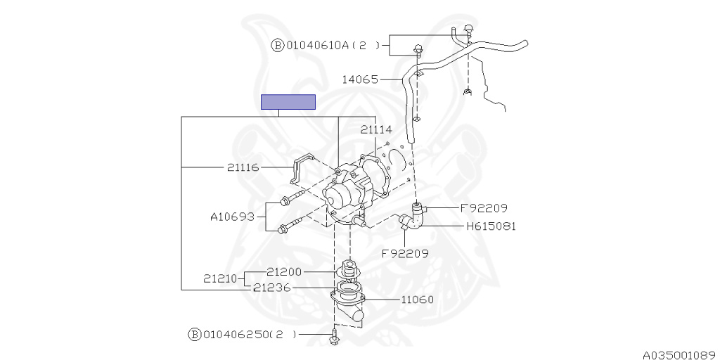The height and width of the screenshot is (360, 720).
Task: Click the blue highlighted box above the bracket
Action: (288, 102)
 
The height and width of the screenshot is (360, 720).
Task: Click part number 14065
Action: (361, 79)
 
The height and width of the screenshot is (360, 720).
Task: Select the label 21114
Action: (376, 129)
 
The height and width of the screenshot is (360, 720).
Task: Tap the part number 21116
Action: (243, 167)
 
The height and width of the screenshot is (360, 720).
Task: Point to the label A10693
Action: (233, 217)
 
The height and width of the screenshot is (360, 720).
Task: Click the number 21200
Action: (283, 271)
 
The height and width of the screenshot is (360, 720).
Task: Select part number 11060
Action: (417, 299)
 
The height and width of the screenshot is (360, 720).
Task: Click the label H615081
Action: (491, 226)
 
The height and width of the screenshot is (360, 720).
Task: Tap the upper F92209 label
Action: (484, 208)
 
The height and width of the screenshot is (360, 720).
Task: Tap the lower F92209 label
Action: (405, 252)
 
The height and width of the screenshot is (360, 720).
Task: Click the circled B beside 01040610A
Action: (277, 46)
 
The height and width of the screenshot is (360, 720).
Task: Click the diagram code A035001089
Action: (678, 355)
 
